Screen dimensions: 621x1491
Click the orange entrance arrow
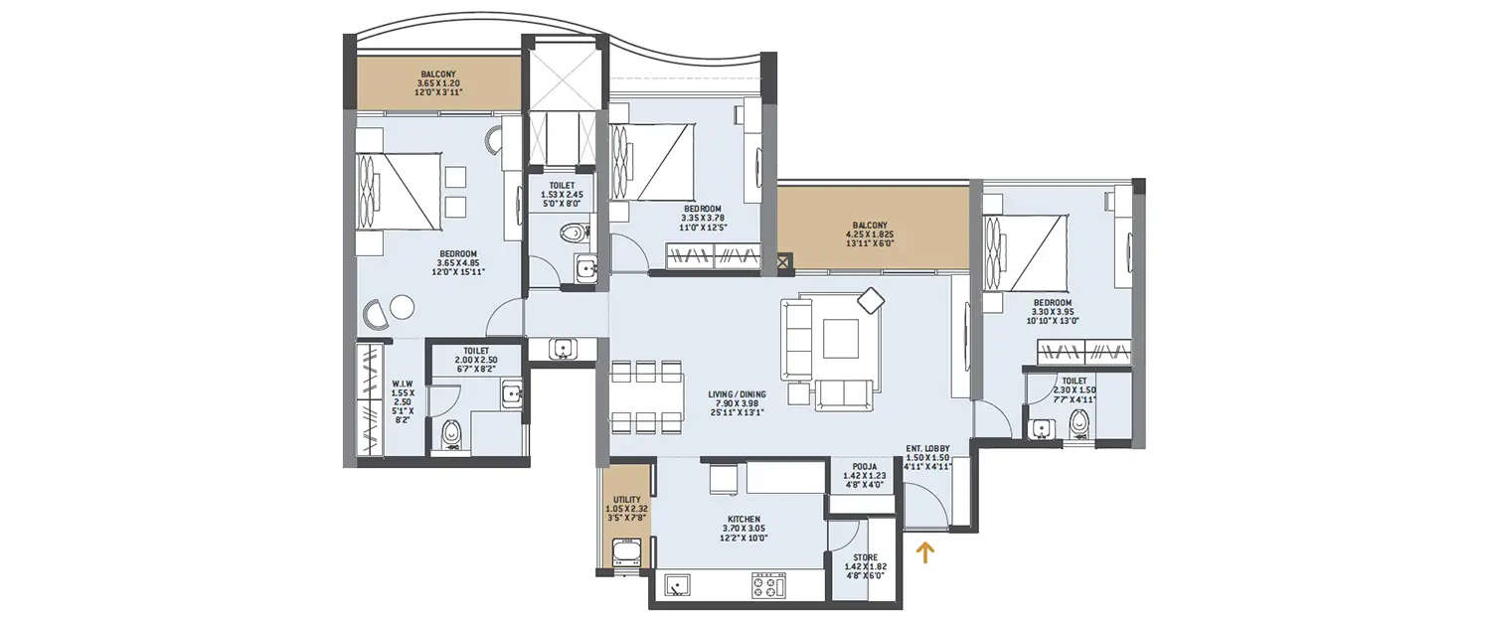[926, 551]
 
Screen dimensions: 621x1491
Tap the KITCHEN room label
[744, 519]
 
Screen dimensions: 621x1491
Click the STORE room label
[864, 557]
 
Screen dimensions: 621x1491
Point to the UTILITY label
[626, 500]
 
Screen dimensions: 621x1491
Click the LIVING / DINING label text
[738, 393]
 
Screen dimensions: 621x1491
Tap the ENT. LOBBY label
[928, 449]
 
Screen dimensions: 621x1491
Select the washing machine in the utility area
[626, 551]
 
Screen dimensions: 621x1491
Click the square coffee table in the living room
[840, 337]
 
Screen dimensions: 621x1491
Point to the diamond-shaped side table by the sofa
[871, 300]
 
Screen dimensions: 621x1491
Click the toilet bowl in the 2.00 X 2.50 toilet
[451, 433]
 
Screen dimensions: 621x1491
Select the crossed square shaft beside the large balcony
[785, 262]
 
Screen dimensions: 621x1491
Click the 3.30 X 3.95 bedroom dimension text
[1052, 313]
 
